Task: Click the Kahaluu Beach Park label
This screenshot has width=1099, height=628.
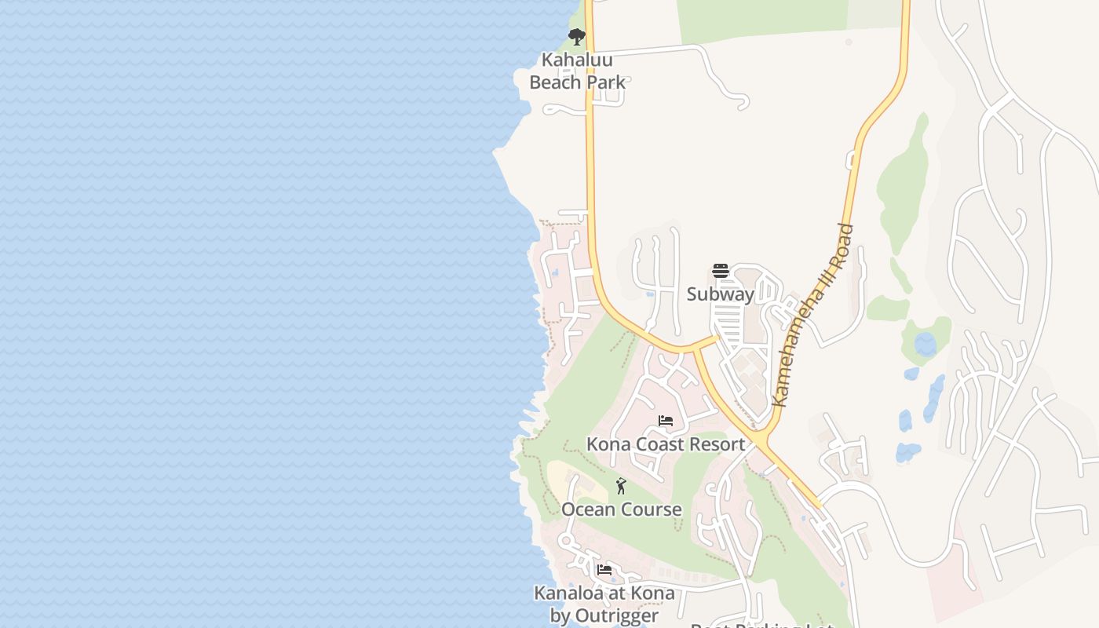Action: pos(577,71)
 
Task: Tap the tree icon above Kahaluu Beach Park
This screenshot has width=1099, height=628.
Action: pos(577,36)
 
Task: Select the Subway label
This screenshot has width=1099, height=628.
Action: pos(720,294)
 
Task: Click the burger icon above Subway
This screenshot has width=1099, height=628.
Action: pos(721,272)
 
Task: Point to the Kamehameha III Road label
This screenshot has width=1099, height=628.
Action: pos(813,315)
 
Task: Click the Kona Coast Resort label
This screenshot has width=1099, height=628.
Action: pos(666,444)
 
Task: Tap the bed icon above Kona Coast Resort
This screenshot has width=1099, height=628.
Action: pos(666,421)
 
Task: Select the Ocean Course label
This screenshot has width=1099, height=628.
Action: pos(621,509)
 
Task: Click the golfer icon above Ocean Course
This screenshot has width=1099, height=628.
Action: pos(621,487)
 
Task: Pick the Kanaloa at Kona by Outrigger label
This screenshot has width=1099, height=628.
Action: pos(604,604)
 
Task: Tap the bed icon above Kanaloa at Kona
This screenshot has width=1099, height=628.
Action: pos(604,570)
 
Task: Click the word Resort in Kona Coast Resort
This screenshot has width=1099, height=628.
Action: pos(715,444)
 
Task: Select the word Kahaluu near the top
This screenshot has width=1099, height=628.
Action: pos(577,60)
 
